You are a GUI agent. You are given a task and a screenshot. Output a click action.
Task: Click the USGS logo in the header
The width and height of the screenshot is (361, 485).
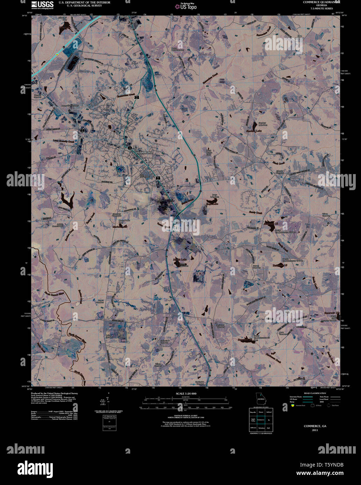click(42, 5)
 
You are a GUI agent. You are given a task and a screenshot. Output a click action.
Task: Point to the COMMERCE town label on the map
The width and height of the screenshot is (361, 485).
click(145, 153)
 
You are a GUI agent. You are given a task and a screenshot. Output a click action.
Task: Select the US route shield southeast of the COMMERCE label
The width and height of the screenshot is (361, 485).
click(158, 178)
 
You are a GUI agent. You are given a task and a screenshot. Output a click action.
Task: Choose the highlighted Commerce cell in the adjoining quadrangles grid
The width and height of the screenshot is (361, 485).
click(260, 420)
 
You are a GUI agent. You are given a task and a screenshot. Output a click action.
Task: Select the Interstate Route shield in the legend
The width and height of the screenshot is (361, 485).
click(293, 405)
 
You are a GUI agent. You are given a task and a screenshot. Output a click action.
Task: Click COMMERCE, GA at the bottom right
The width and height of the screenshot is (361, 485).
click(315, 426)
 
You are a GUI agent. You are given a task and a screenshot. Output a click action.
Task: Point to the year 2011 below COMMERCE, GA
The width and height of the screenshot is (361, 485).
click(315, 430)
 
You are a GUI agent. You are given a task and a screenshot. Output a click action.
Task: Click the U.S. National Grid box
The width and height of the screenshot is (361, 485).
click(109, 423)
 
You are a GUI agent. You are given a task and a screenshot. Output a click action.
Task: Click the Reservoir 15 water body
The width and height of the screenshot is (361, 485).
click(270, 227)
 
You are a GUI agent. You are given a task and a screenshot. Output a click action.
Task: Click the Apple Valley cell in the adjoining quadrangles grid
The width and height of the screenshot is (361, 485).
click(253, 420)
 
